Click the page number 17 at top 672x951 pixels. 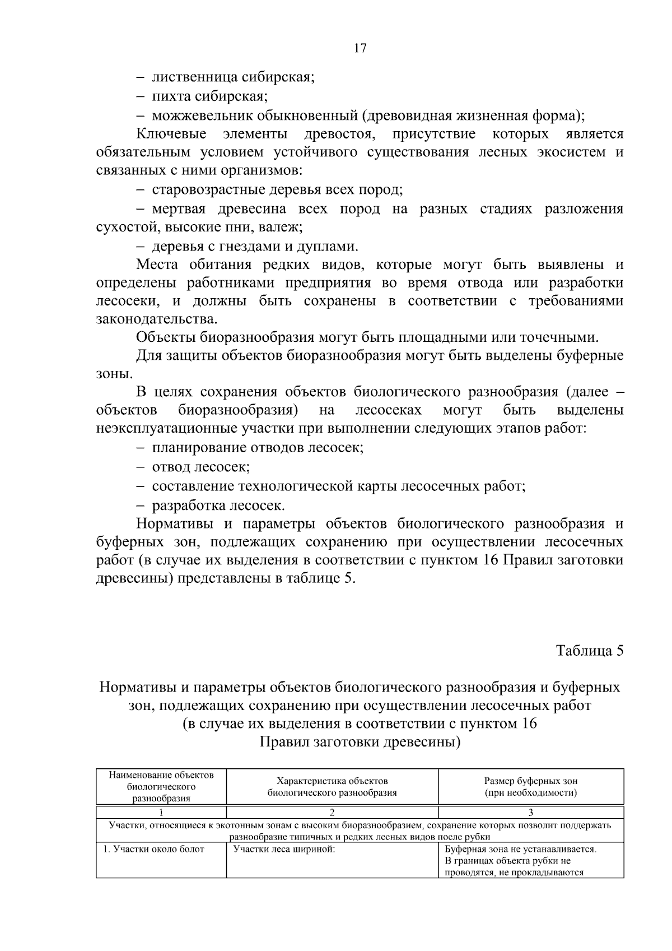pos(360,48)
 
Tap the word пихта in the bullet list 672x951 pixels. pos(172,96)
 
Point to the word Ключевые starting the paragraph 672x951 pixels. pos(171,134)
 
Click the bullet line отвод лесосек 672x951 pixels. pos(200,467)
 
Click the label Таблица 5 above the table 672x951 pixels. pos(589,651)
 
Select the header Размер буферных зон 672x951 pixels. pos(530,781)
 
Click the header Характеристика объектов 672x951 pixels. pos(332,781)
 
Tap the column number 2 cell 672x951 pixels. pos(332,813)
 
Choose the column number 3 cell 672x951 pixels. pos(530,813)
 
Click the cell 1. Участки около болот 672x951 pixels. pos(153,849)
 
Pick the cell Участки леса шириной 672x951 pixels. pos(284,849)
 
